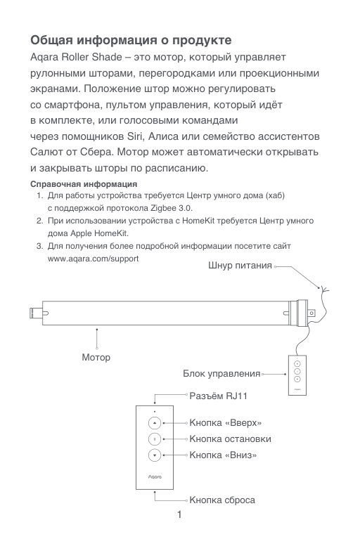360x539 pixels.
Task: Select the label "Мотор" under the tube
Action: tap(96, 358)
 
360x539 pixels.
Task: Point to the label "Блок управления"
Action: tap(221, 373)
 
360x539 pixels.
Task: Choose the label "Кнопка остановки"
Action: tap(230, 439)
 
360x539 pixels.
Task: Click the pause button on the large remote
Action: tap(155, 439)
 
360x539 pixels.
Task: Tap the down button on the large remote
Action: tap(155, 455)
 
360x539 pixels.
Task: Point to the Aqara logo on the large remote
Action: tap(155, 476)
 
